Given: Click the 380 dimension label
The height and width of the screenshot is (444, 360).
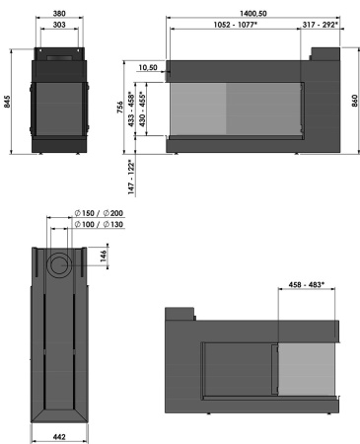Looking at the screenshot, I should point(60,15).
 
